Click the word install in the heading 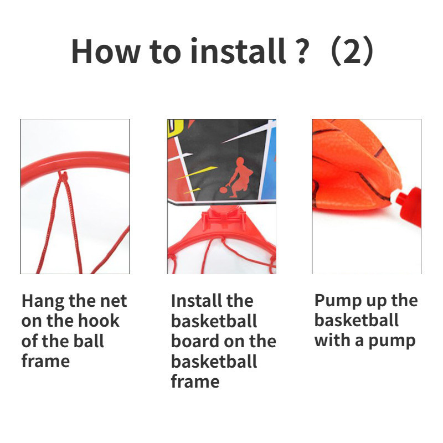click(238, 51)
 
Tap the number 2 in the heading click(352, 52)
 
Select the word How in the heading click(106, 51)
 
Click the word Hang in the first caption click(43, 301)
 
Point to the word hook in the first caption click(99, 321)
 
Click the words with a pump click(365, 341)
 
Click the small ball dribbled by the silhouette click(224, 190)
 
